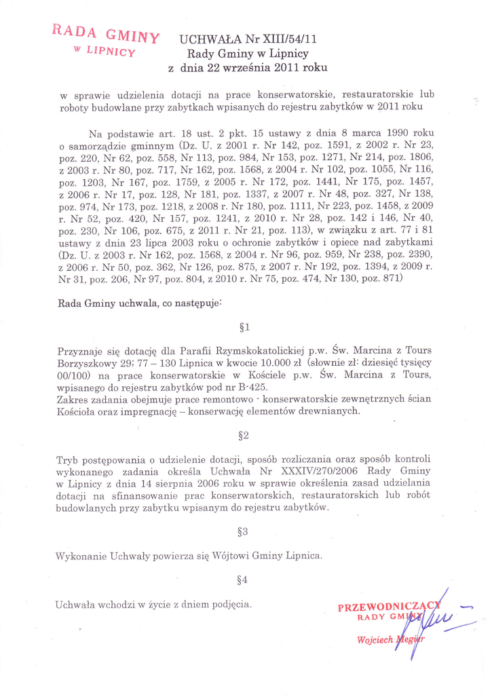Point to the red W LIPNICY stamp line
pos(104,52)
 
